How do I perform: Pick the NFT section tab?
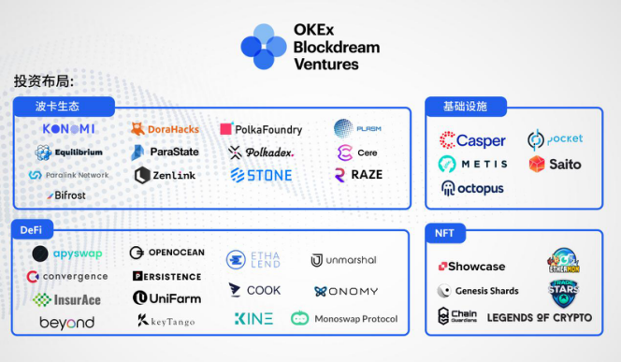(x=446, y=232)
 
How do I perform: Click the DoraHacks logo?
(x=165, y=128)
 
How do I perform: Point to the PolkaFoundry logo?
(x=261, y=129)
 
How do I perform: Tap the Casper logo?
(x=472, y=140)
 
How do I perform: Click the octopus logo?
(x=472, y=188)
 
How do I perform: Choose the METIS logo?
(x=472, y=164)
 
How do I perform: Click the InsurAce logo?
(x=66, y=299)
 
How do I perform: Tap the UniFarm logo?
(x=166, y=298)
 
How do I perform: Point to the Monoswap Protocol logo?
(x=344, y=319)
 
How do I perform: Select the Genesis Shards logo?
(x=478, y=291)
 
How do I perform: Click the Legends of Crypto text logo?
(x=540, y=318)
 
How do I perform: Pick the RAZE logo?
(x=358, y=174)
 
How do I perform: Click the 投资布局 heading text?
(x=43, y=81)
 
